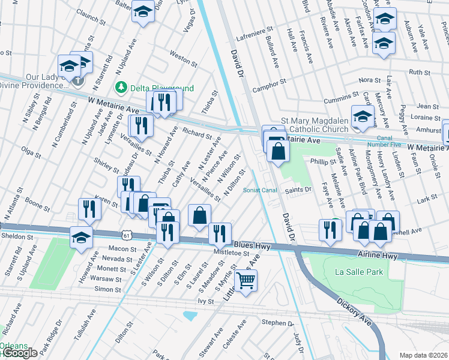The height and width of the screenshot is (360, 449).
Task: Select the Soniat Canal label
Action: coord(259,190)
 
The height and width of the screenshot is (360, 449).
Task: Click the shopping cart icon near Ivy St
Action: coord(246,279)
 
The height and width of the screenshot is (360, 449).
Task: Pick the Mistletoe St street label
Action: coord(232,253)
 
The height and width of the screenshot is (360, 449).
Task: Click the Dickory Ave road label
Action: coord(339,307)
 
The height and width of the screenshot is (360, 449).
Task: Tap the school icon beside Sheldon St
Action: coord(82,236)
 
